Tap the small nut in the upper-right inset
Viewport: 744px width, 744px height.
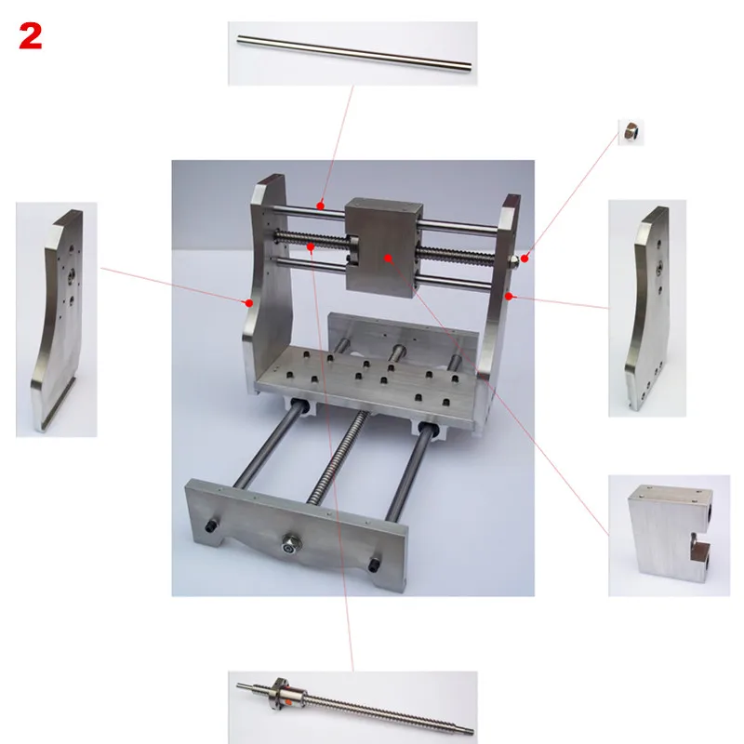(x=630, y=132)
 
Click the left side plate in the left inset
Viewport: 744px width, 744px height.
(x=60, y=316)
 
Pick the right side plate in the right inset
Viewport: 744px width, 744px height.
(x=648, y=307)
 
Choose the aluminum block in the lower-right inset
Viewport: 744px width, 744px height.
(x=665, y=535)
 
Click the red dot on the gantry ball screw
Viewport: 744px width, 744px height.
(x=310, y=247)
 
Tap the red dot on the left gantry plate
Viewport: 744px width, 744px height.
(x=249, y=302)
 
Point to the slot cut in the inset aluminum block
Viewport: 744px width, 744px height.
(x=699, y=554)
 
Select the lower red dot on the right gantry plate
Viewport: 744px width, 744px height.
(x=510, y=296)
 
